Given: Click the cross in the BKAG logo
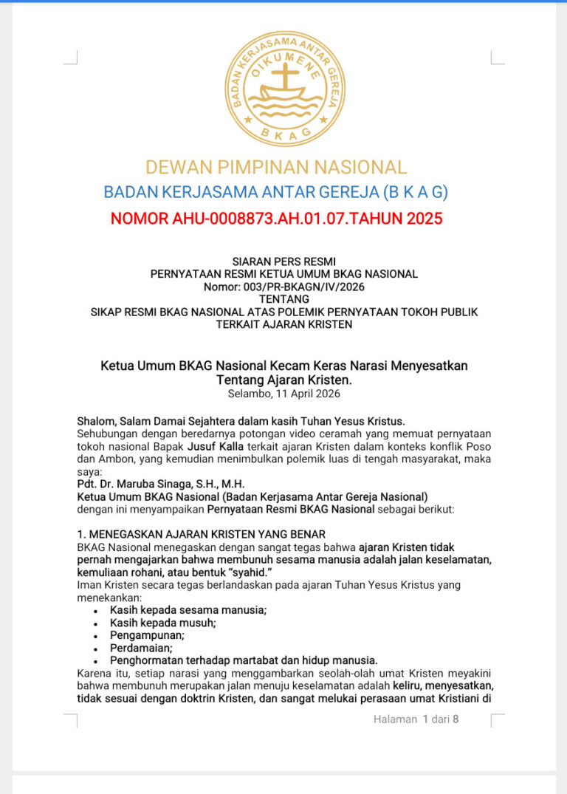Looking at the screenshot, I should (284, 77).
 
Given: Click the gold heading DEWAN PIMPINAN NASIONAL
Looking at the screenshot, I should (276, 167).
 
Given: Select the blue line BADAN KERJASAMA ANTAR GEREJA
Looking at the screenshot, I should (276, 192).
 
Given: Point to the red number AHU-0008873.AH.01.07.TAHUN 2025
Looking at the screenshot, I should (276, 219).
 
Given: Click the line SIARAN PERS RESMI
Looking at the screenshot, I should (283, 261).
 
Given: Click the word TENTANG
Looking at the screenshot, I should (283, 299).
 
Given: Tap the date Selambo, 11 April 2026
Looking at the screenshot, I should (283, 394).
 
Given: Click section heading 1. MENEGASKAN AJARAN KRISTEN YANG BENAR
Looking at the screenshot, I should (201, 534).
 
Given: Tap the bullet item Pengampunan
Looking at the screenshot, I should (147, 635).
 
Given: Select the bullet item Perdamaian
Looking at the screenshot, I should (141, 648).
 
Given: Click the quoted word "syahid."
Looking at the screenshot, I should (247, 572).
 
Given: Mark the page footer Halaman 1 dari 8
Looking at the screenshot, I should (416, 719).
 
